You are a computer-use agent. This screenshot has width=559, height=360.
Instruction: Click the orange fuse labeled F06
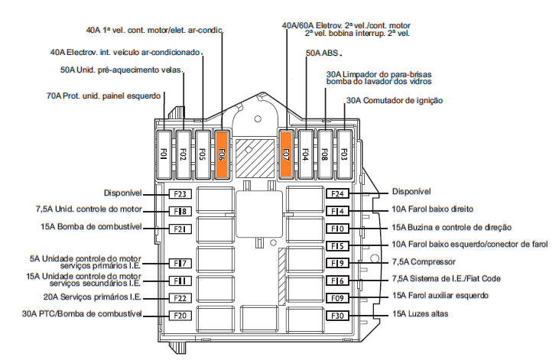[x=222, y=154]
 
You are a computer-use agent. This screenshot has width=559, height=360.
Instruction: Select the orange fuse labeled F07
[x=286, y=154]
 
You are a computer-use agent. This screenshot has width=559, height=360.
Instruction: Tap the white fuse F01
[x=164, y=154]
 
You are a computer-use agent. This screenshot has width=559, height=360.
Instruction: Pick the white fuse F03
[x=344, y=154]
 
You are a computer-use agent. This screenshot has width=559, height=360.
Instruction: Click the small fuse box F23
[x=180, y=194]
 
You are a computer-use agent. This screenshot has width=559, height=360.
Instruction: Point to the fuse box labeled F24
[x=337, y=193]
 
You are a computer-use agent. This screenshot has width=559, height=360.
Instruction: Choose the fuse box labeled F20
[x=180, y=316]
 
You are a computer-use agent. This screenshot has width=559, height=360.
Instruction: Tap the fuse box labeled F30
[x=337, y=316]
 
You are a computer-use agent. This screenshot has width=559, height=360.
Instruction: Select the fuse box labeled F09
[x=337, y=298]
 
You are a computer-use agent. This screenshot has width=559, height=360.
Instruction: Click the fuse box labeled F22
[x=180, y=298]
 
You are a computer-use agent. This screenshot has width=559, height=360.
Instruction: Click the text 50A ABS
[x=322, y=53]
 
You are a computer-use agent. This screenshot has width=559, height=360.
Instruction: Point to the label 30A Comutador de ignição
[x=395, y=101]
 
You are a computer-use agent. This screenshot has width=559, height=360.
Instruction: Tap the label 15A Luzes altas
[x=420, y=314]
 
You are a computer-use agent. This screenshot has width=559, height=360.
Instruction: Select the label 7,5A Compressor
[x=424, y=262]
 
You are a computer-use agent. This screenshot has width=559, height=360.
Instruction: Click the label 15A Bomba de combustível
[x=91, y=227]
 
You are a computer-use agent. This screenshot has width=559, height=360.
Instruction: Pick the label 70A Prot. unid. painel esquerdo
[x=103, y=96]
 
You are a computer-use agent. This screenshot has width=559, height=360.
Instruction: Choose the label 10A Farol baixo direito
[x=432, y=209]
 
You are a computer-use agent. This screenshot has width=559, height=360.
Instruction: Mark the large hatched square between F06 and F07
[x=255, y=158]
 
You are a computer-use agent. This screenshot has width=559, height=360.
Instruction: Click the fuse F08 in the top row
[x=325, y=154]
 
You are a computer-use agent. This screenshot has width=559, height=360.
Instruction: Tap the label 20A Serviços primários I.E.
[x=93, y=297]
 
